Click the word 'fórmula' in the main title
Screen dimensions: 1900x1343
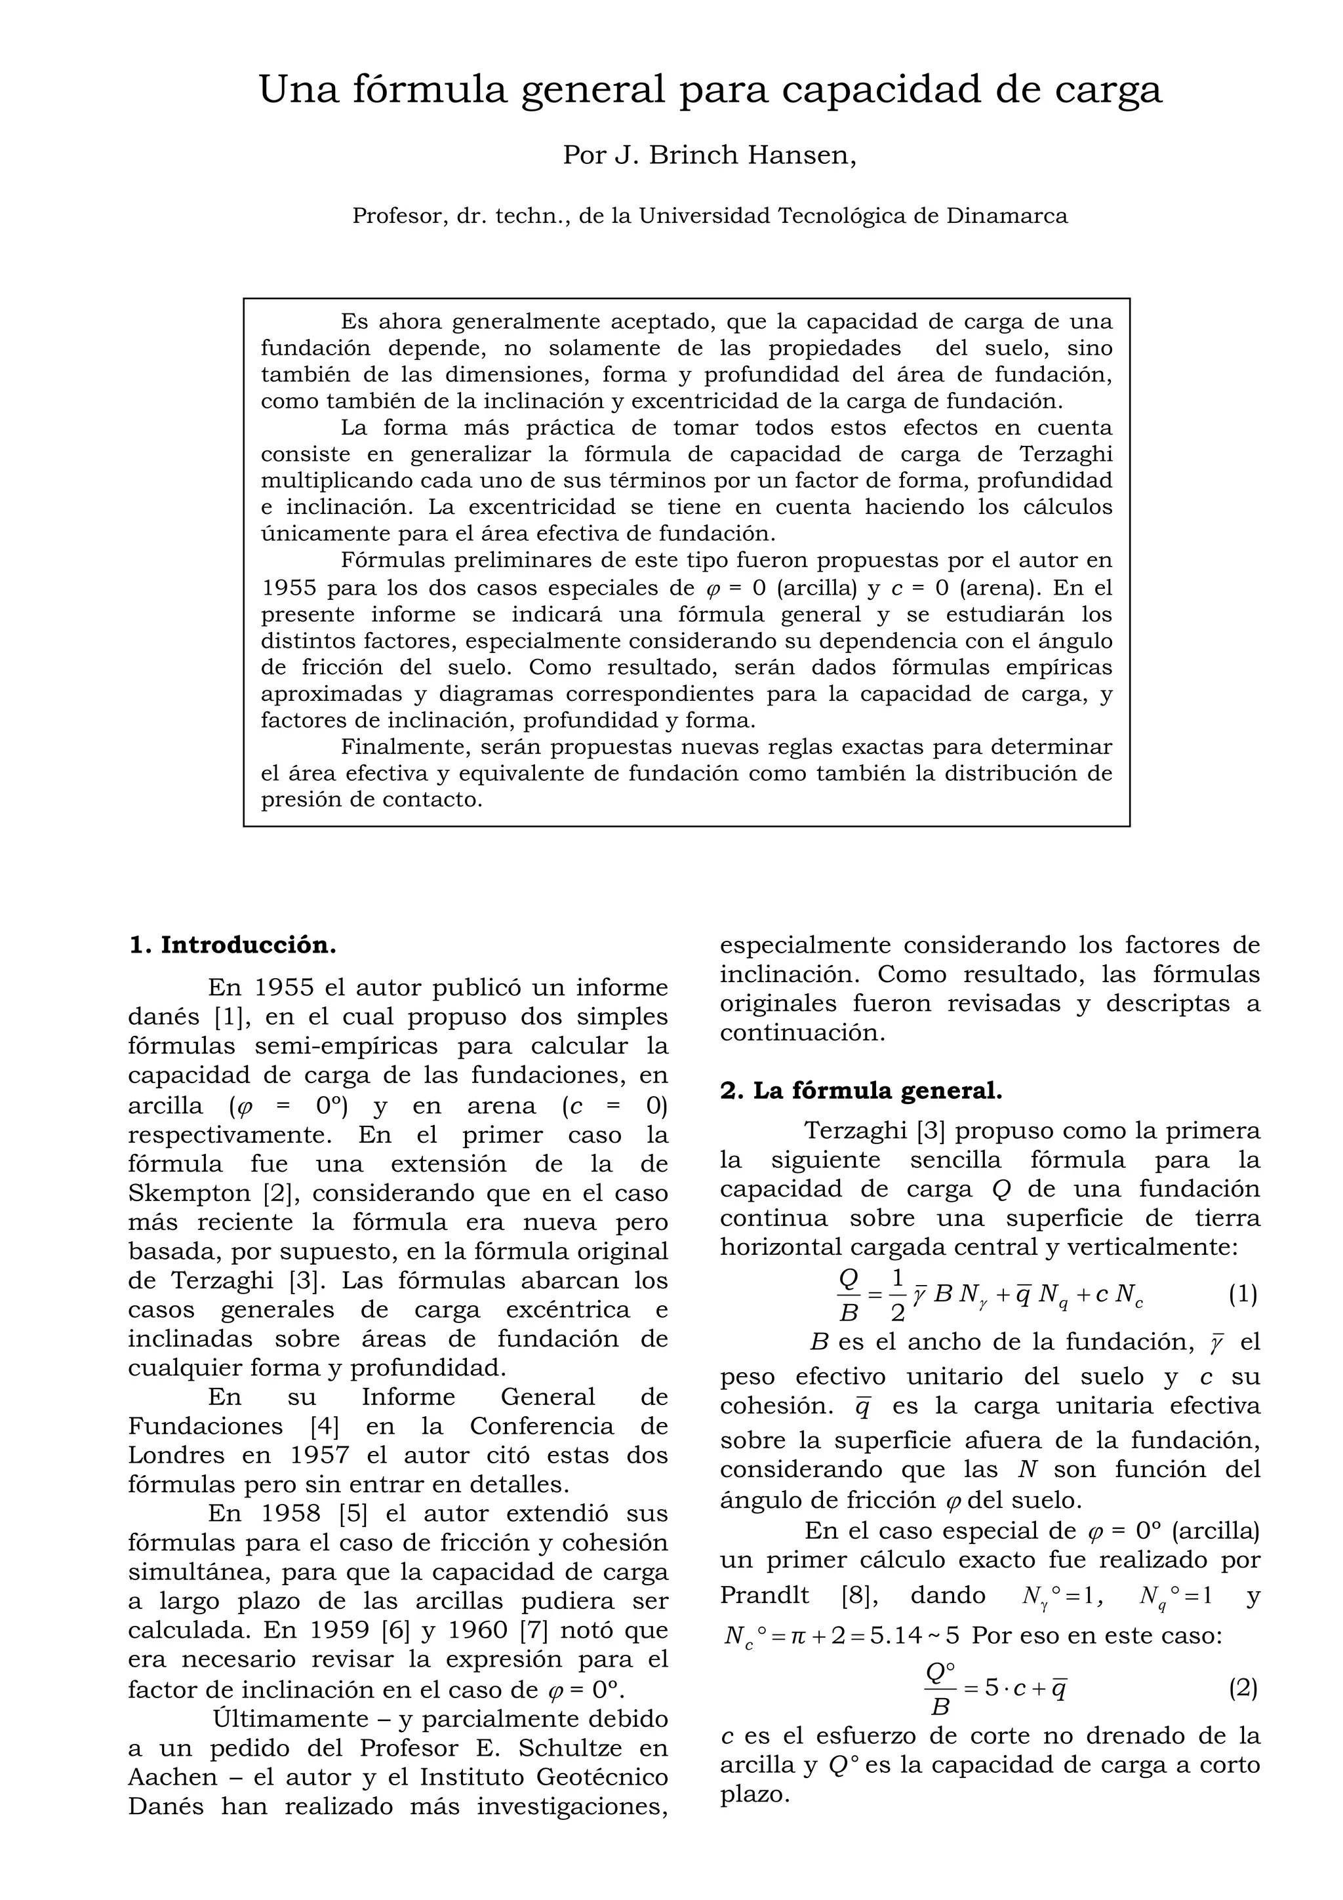click(430, 89)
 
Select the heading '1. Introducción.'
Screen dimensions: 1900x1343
click(233, 945)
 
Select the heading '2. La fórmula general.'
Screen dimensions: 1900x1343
click(860, 1091)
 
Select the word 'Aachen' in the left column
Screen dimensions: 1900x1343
click(164, 1777)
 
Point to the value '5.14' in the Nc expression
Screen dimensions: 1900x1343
click(905, 1636)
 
